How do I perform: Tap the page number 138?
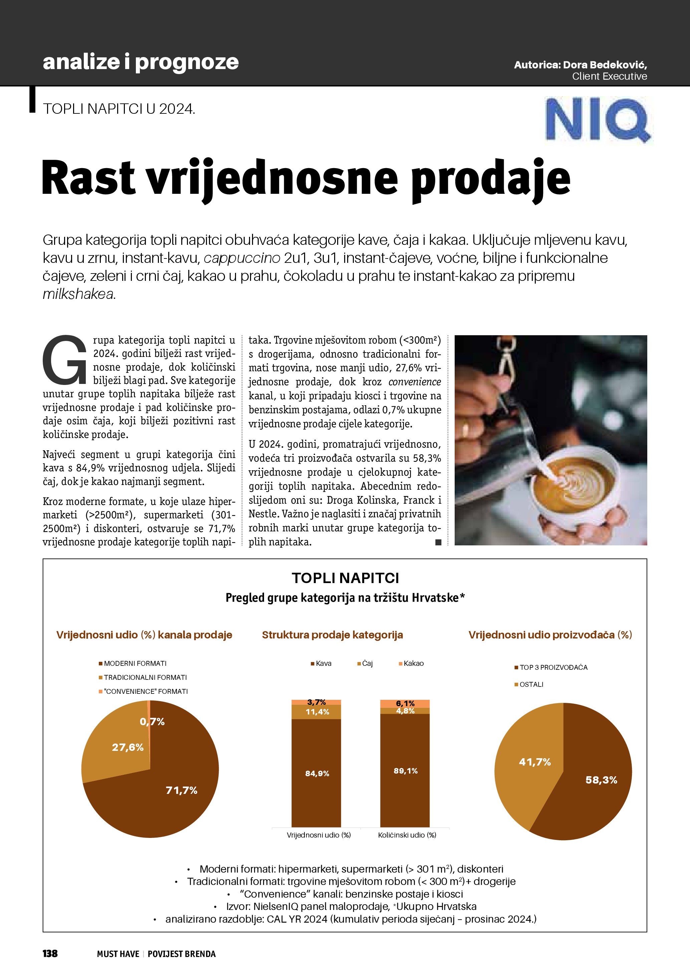(50, 953)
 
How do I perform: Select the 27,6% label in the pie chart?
(128, 748)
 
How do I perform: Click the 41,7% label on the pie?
(534, 762)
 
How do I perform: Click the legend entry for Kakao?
(411, 663)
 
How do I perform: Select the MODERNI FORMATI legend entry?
(133, 663)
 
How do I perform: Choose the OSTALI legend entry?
(529, 684)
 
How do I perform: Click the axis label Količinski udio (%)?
(407, 835)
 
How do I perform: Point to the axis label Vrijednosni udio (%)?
(319, 835)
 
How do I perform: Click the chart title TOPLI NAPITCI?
(345, 578)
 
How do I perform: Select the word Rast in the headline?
(88, 177)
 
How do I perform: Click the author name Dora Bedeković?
(605, 65)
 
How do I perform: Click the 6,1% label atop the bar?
(405, 703)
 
